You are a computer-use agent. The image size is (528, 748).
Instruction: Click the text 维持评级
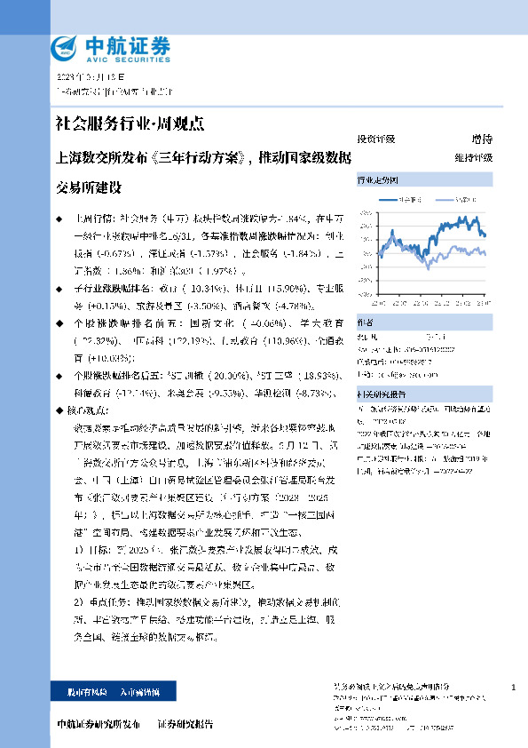click(x=472, y=156)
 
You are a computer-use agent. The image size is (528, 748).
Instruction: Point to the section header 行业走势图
click(x=378, y=179)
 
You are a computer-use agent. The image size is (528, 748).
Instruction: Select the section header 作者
click(x=365, y=322)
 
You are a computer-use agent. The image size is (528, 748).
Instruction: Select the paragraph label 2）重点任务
click(x=102, y=601)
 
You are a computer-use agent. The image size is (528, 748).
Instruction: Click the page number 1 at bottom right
click(x=514, y=688)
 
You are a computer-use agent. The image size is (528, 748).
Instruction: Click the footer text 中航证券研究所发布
click(x=99, y=724)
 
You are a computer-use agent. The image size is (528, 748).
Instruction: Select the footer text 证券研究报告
click(x=185, y=724)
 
